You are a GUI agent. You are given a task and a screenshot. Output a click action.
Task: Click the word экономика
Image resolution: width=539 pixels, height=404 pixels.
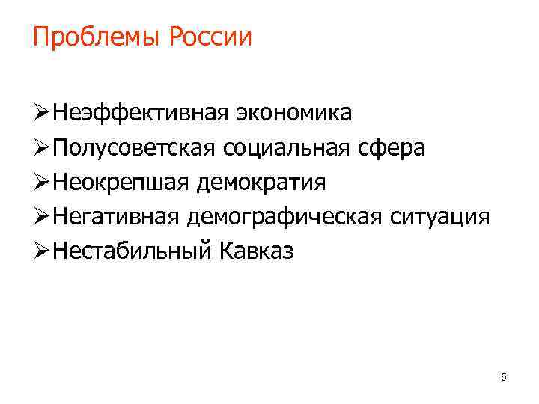pyautogui.click(x=294, y=114)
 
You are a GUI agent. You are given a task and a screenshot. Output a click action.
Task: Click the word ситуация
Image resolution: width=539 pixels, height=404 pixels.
pyautogui.click(x=440, y=217)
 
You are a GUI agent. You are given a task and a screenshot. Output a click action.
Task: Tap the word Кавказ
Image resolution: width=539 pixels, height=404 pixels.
pyautogui.click(x=258, y=251)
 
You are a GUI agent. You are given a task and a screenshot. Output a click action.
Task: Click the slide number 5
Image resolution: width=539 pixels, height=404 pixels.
pyautogui.click(x=503, y=378)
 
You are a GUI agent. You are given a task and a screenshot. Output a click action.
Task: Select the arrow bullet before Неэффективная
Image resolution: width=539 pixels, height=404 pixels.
pyautogui.click(x=42, y=114)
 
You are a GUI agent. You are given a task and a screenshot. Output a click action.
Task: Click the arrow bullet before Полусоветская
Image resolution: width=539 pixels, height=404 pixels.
pyautogui.click(x=42, y=149)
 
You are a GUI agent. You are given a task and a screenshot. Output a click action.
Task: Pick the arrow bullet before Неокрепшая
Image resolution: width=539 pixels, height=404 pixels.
pyautogui.click(x=42, y=183)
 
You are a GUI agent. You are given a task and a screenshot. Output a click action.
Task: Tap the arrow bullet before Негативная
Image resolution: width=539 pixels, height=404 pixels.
pyautogui.click(x=42, y=217)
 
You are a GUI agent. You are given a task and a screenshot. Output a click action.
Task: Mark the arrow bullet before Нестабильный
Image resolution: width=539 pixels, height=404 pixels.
pyautogui.click(x=42, y=251)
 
